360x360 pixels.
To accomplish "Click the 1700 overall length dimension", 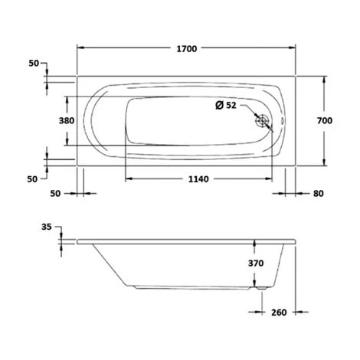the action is [187, 49].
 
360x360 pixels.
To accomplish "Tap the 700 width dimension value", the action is [325, 120].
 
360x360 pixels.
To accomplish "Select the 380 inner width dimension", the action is [67, 120].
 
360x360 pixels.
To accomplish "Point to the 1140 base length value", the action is [198, 179].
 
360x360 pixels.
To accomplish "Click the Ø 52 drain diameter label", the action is [226, 105].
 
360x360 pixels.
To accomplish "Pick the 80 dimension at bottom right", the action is [319, 194].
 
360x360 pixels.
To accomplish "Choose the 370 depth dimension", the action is [256, 263].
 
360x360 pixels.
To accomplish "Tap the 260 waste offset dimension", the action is [279, 313].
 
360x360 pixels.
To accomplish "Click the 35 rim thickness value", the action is [47, 227].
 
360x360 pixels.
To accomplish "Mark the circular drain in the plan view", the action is [262, 120].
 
